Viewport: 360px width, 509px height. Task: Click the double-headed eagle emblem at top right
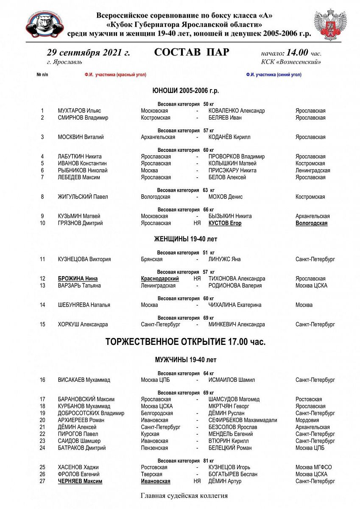click(x=330, y=24)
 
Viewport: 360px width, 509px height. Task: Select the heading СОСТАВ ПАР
click(x=192, y=53)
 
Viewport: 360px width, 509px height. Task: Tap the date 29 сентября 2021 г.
click(x=88, y=53)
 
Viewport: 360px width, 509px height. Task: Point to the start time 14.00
click(x=298, y=53)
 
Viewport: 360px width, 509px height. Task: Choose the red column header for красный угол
click(x=115, y=75)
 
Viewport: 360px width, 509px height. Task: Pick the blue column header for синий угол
click(x=273, y=75)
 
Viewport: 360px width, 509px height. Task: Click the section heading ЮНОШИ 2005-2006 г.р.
click(x=186, y=91)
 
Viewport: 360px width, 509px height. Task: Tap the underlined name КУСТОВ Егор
click(x=225, y=223)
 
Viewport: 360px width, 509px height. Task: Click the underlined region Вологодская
click(x=311, y=223)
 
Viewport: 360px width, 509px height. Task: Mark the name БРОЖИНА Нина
click(x=78, y=279)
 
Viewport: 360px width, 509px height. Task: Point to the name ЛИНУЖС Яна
click(x=224, y=259)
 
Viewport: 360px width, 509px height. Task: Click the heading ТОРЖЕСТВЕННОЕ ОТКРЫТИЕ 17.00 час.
click(x=185, y=342)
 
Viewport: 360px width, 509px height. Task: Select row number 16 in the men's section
click(x=42, y=380)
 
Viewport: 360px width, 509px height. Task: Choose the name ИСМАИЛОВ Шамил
click(x=232, y=380)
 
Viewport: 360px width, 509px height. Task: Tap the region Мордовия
click(x=307, y=420)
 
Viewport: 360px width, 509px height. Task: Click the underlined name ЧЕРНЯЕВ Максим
click(x=80, y=481)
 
